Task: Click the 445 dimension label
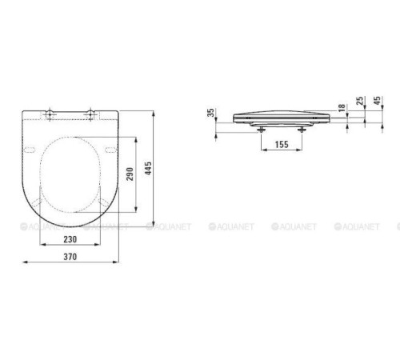click(148, 168)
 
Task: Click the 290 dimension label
click(130, 174)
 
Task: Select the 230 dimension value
click(70, 239)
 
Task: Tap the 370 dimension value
click(70, 257)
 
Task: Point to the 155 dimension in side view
click(282, 144)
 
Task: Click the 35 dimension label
click(211, 113)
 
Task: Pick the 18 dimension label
click(342, 108)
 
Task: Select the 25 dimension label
click(360, 101)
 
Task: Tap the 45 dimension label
click(377, 101)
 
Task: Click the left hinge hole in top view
click(50, 114)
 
